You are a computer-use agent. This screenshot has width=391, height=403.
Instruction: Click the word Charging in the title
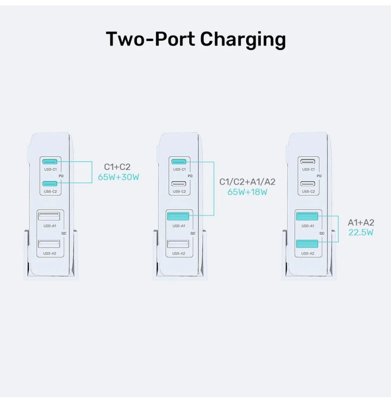click(x=243, y=40)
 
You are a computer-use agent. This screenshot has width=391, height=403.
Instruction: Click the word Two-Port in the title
click(x=151, y=39)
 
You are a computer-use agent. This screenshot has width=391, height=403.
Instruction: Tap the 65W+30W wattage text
click(x=119, y=177)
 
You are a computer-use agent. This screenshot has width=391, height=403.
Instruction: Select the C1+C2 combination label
click(x=117, y=167)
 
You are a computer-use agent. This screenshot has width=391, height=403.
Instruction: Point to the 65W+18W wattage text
click(x=247, y=192)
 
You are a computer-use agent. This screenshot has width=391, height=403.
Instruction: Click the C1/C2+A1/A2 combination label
click(x=247, y=182)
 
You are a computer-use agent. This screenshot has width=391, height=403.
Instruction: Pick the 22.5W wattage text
click(x=361, y=232)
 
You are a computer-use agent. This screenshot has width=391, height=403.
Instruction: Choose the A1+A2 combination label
click(x=361, y=222)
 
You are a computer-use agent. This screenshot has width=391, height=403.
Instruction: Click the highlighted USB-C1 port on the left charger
click(x=50, y=162)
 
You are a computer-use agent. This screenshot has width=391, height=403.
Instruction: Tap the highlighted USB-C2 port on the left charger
click(x=50, y=184)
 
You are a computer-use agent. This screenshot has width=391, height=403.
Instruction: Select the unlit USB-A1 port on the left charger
click(x=49, y=216)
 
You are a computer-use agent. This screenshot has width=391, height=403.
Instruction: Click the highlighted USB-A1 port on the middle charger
click(x=178, y=216)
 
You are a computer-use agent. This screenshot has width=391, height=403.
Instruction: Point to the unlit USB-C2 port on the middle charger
click(x=179, y=184)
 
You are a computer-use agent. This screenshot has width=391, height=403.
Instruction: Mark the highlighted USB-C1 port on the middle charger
click(x=179, y=162)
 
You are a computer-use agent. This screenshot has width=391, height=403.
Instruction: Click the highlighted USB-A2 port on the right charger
click(x=307, y=244)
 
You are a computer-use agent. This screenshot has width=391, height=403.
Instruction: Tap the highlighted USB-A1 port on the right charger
click(x=307, y=216)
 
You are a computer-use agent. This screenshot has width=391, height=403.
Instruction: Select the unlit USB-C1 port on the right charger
click(x=308, y=162)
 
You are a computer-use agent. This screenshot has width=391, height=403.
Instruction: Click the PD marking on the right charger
click(x=319, y=176)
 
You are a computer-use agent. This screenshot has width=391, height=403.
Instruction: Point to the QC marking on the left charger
click(x=64, y=234)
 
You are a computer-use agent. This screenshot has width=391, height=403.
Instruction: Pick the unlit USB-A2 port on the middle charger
click(x=178, y=244)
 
